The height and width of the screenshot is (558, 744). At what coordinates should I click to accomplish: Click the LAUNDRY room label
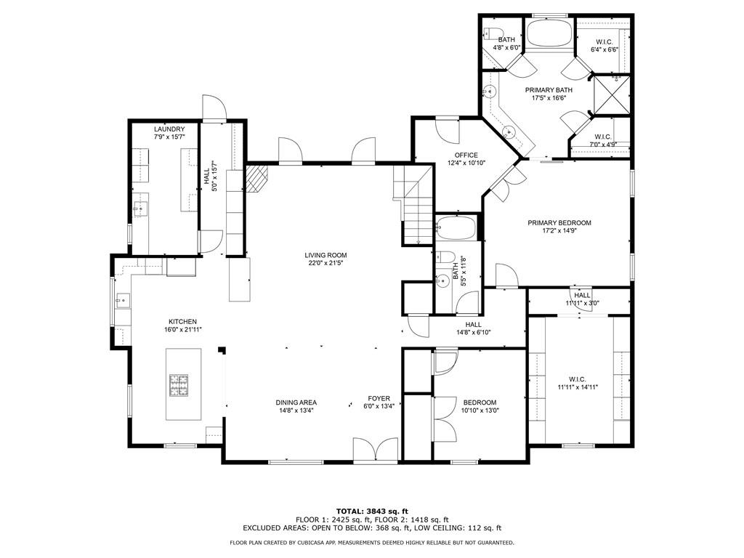[164, 129]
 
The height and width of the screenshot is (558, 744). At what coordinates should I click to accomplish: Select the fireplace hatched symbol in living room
[257, 178]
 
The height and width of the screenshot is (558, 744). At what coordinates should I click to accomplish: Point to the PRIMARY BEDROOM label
[559, 223]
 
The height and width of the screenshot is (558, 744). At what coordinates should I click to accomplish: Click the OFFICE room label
[466, 155]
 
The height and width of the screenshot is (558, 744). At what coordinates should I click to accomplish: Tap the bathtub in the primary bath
[549, 34]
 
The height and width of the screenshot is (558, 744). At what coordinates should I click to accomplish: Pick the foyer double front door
[375, 450]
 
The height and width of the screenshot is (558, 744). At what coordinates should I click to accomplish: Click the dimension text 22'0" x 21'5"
[325, 264]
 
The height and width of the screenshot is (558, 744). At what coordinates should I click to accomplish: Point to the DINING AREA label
[296, 403]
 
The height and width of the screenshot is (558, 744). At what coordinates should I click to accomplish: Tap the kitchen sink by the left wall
[121, 299]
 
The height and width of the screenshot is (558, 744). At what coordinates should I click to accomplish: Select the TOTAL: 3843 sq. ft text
[371, 511]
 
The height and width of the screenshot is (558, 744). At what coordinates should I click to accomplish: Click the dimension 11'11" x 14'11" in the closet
[578, 387]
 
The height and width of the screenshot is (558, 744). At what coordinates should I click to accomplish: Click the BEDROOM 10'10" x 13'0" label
[480, 403]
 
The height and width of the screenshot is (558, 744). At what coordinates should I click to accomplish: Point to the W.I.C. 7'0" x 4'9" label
[602, 137]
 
